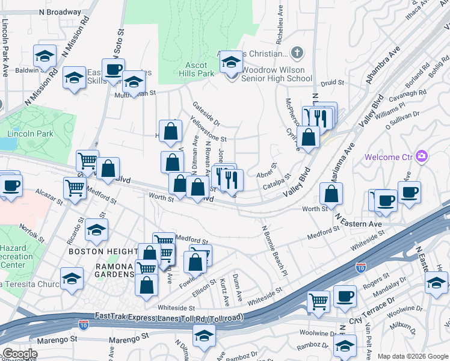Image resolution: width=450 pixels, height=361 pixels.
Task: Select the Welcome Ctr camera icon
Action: [421, 157]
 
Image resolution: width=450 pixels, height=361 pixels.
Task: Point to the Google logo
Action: [19, 354]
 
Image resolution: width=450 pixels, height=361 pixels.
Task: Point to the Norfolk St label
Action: [28, 229]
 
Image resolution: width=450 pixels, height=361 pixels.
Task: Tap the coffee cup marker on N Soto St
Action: [113, 69]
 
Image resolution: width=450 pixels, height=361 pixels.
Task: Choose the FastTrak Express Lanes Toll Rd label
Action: [169, 316]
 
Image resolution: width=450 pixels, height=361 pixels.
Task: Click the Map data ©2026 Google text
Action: [413, 356]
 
